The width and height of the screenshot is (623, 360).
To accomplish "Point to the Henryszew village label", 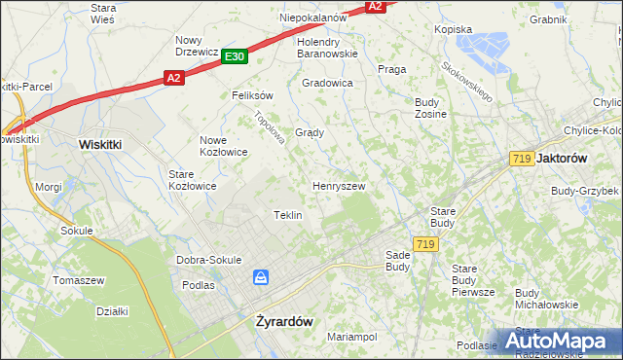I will click(338, 185).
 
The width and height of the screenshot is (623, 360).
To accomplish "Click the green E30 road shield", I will click(234, 57).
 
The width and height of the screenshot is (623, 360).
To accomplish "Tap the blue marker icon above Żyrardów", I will click(261, 278).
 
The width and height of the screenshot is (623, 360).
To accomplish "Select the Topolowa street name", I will click(268, 127).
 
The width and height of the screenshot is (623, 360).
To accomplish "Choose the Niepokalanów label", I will click(313, 18).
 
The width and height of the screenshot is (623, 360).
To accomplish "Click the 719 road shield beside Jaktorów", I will click(520, 158).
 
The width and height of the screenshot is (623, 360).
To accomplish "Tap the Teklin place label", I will click(288, 215).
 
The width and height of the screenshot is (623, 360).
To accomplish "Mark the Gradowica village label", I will click(327, 84).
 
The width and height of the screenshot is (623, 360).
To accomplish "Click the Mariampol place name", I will click(352, 337).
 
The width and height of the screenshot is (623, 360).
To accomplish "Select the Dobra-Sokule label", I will click(208, 260).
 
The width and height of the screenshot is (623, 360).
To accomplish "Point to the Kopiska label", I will click(453, 29).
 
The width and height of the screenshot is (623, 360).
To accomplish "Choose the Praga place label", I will click(391, 69).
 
